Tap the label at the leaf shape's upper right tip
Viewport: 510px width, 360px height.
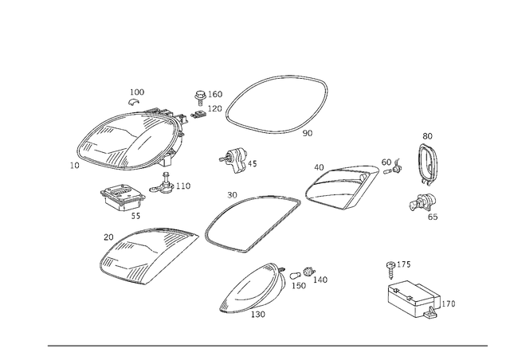[x=390, y=166]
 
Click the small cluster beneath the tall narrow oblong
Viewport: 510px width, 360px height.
[x=423, y=205]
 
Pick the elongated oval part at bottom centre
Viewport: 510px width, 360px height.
[x=253, y=290]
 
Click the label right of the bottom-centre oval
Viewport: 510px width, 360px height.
[x=309, y=277]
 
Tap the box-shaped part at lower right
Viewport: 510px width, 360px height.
[x=414, y=299]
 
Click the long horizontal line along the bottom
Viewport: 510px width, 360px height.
[x=267, y=345]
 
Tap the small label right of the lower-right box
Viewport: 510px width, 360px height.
[x=448, y=303]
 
